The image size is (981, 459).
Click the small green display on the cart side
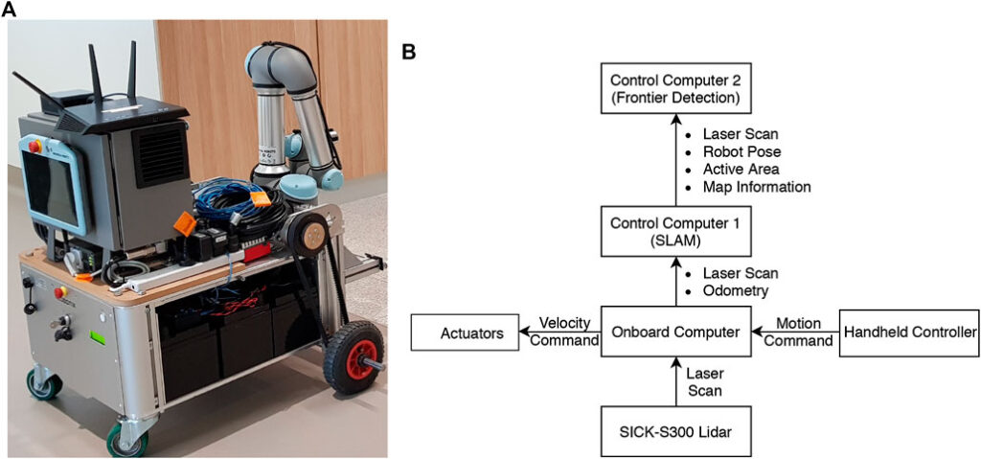click(98, 338)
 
